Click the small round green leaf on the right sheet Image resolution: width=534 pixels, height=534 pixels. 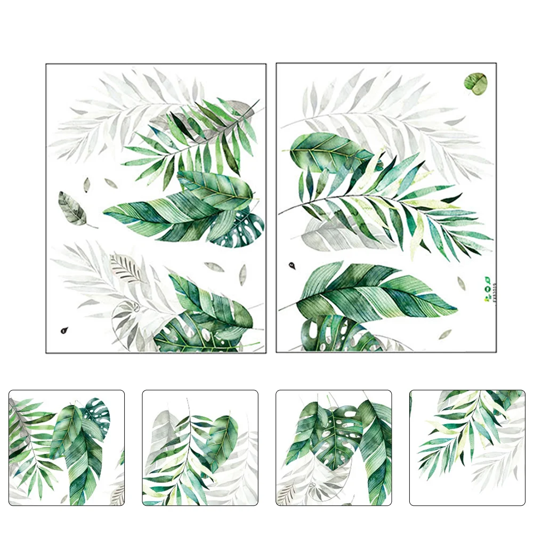click(x=475, y=83)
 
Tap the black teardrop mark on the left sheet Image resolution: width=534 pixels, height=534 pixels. click(x=64, y=330)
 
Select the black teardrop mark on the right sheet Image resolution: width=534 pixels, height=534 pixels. click(x=292, y=265)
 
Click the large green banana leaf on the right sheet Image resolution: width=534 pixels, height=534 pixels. click(x=373, y=292)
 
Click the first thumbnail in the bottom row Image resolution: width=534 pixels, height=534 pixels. click(x=67, y=448)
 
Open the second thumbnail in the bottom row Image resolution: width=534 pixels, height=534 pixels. click(x=200, y=448)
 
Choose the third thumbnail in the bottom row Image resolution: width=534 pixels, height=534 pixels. click(x=334, y=448)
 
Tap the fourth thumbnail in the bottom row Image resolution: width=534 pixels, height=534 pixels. click(x=467, y=448)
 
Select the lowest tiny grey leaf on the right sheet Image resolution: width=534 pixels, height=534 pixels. click(x=444, y=334)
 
